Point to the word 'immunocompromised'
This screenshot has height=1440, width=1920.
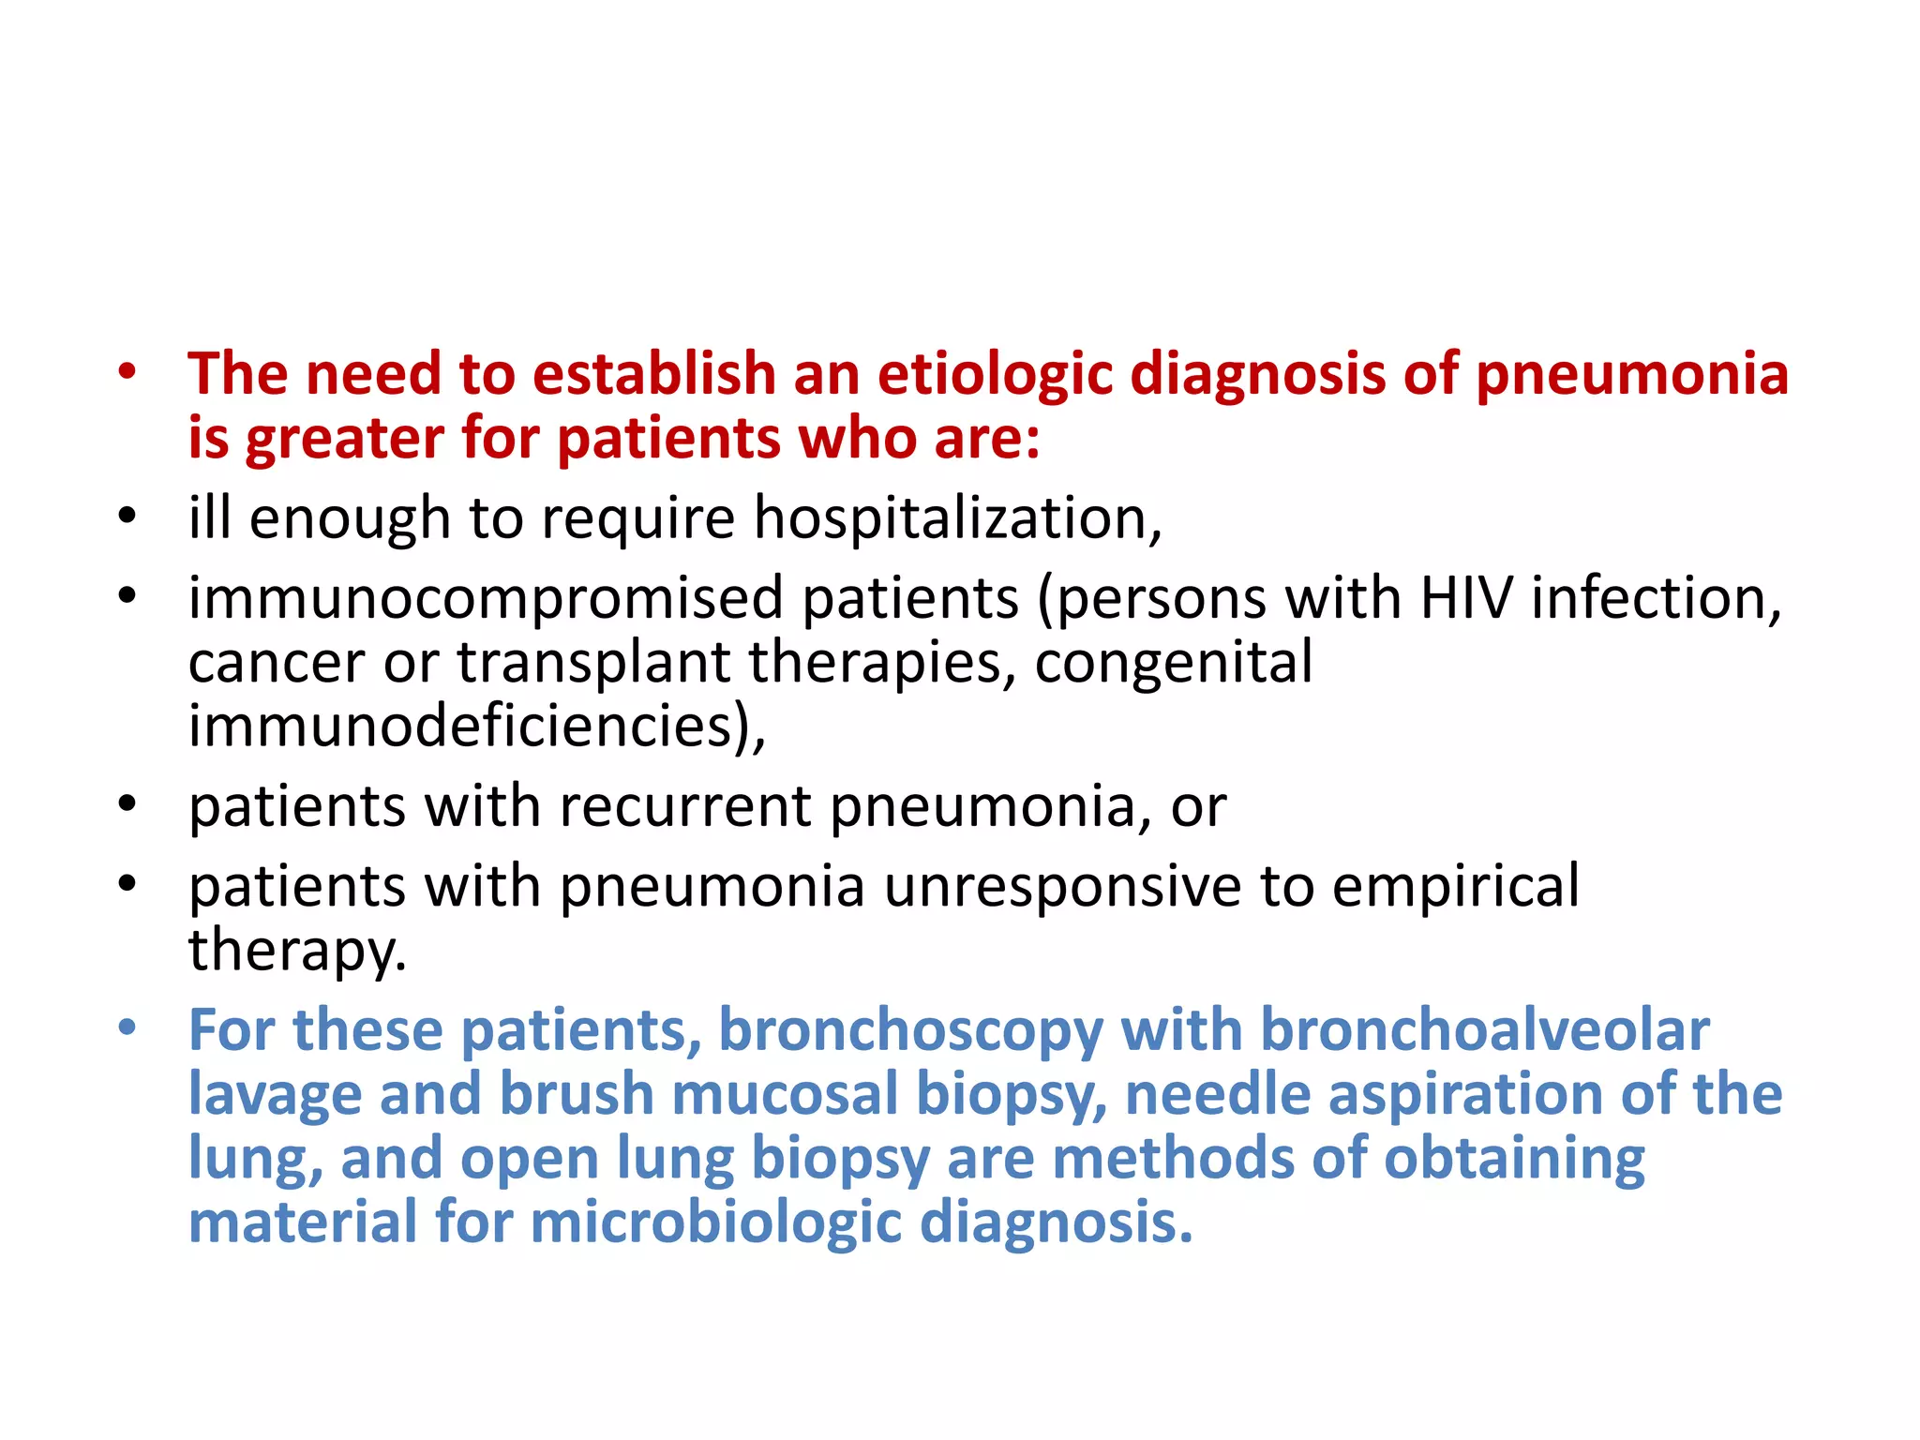click(x=486, y=599)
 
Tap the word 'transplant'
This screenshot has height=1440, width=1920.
click(x=593, y=664)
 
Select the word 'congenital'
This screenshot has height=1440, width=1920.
click(x=1173, y=664)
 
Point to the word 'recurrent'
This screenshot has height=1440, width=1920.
click(x=685, y=806)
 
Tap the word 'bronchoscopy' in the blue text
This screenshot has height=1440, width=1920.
click(x=910, y=1031)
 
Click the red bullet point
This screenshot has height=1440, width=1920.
click(x=127, y=372)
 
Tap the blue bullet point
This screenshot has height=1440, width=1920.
click(x=127, y=1029)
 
